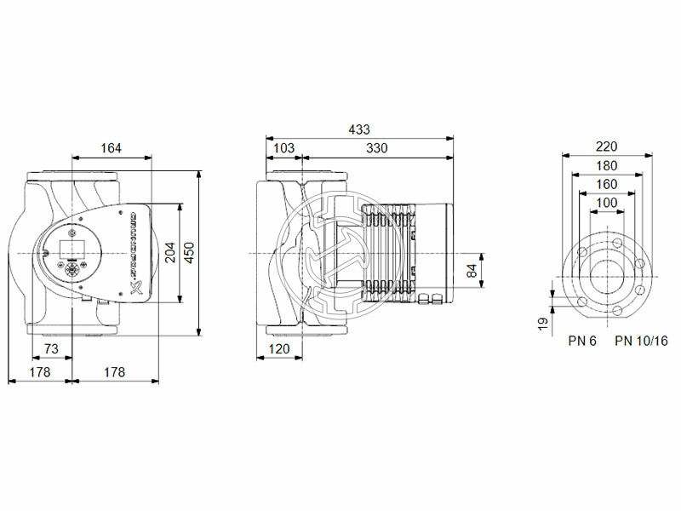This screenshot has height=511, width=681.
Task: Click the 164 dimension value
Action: (110, 148)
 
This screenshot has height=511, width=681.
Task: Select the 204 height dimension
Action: (169, 252)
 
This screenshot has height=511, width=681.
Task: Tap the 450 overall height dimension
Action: (191, 252)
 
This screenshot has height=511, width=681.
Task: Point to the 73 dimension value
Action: (51, 350)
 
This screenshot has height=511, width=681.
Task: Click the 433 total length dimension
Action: (359, 129)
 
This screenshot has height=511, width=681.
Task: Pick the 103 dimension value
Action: (283, 148)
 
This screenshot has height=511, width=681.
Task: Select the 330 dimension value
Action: (376, 148)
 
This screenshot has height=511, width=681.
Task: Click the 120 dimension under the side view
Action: (280, 350)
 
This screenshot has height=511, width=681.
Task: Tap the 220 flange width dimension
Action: (607, 146)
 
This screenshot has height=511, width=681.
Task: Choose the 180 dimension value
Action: (607, 165)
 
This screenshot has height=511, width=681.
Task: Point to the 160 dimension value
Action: (607, 184)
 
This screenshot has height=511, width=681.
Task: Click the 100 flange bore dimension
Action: (607, 203)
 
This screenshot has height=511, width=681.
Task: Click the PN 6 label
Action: (583, 341)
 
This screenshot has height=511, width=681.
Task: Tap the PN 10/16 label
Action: (641, 341)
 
